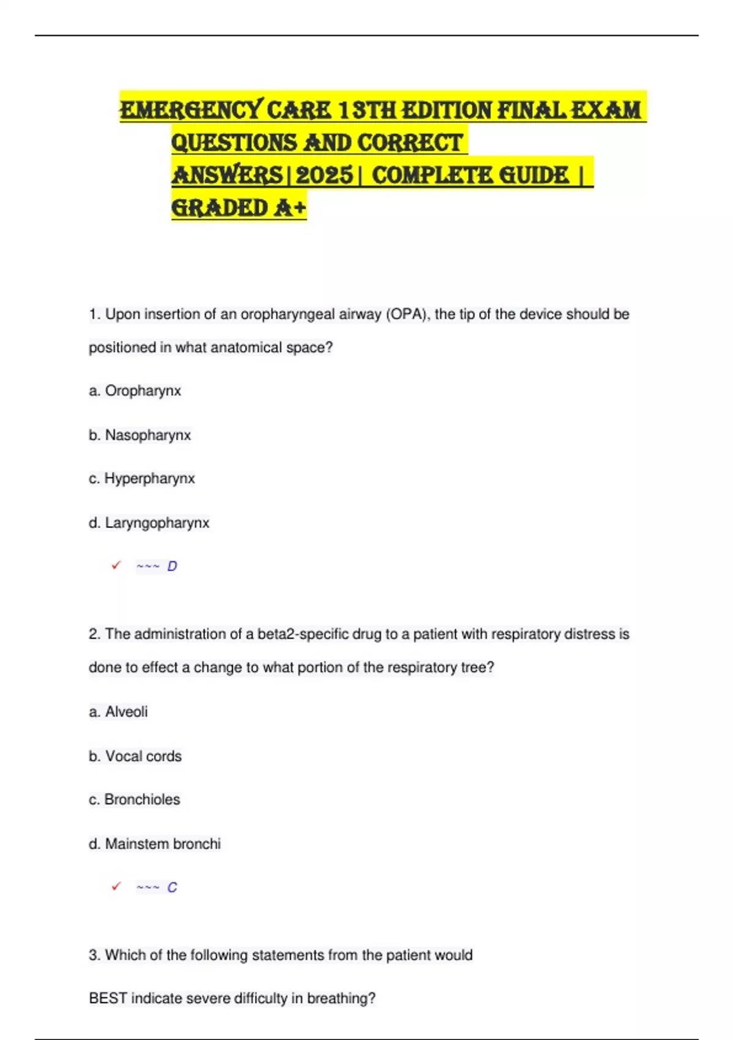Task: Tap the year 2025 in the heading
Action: click(x=324, y=176)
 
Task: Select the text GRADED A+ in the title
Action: click(x=239, y=208)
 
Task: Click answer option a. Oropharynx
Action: click(x=135, y=391)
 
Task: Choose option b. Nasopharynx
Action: click(x=140, y=435)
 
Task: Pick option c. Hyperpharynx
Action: click(x=142, y=478)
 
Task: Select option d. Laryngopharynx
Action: click(x=149, y=523)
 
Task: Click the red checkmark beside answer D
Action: click(x=116, y=565)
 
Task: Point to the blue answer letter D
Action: click(x=172, y=566)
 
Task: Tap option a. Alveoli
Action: click(x=119, y=711)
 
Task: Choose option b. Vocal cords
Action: click(x=135, y=756)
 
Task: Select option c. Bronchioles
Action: click(x=135, y=800)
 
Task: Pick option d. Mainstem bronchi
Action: click(x=155, y=844)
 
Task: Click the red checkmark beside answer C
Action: click(x=116, y=886)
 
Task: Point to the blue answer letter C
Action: click(x=172, y=887)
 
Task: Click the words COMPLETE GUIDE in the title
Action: click(x=470, y=176)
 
